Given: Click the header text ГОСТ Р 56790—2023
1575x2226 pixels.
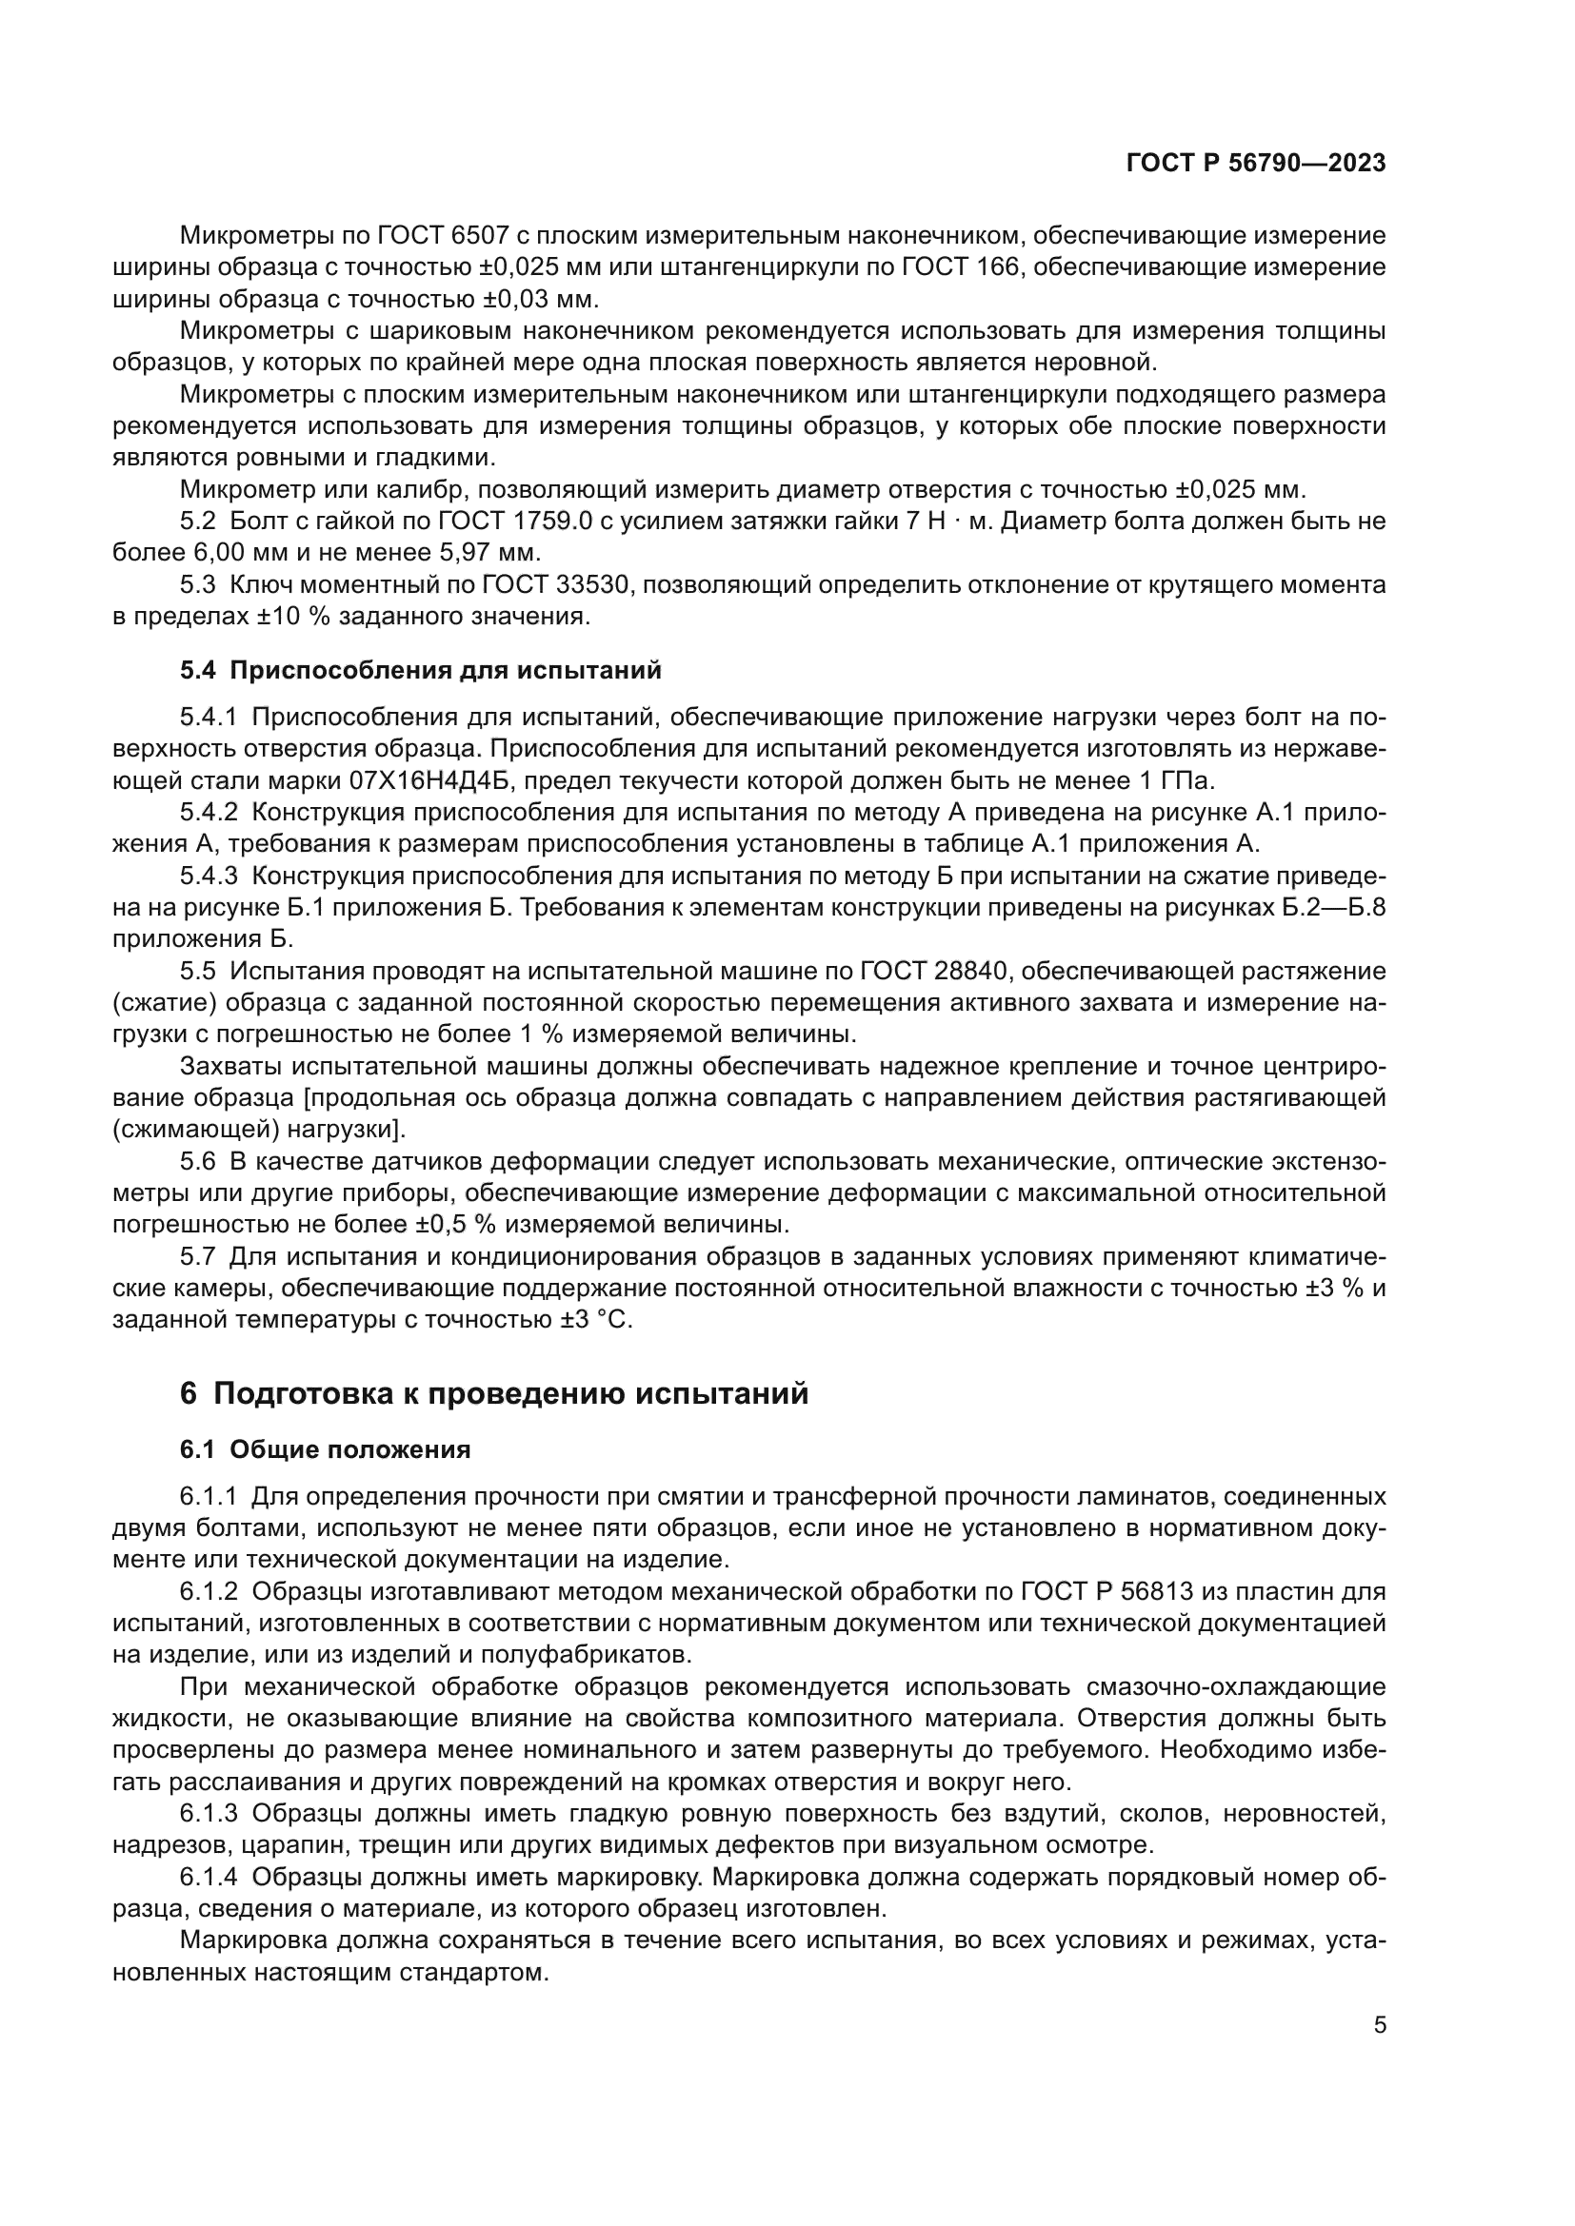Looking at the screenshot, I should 1255,163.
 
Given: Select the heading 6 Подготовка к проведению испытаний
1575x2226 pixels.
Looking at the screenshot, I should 493,1394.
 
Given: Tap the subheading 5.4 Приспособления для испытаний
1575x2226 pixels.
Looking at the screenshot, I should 421,670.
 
